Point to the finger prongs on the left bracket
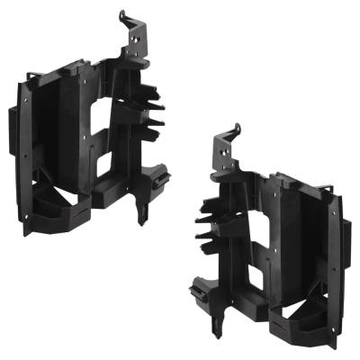[154, 112]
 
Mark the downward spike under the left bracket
[141, 215]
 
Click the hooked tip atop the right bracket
[236, 128]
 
